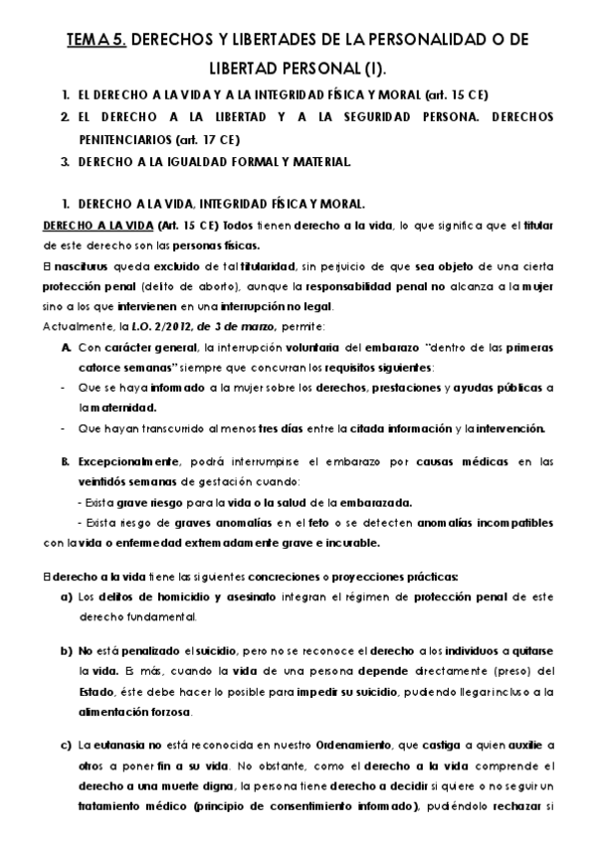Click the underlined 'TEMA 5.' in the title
[x=96, y=41]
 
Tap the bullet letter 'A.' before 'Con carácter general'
[x=66, y=350]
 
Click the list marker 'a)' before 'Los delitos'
[x=66, y=597]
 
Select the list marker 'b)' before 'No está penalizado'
[x=66, y=651]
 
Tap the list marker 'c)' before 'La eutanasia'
[x=66, y=744]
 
